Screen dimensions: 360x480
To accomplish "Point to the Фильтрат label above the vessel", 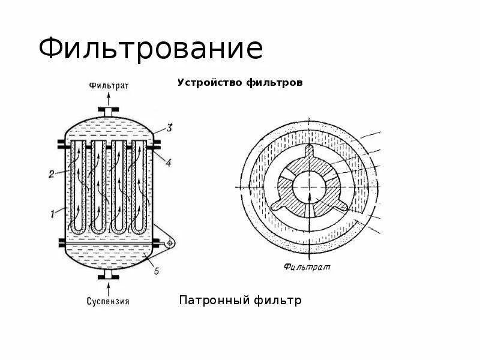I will click(109, 85).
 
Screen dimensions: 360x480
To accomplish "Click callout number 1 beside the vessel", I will click(53, 211).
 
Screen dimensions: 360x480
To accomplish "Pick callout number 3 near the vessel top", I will click(170, 127).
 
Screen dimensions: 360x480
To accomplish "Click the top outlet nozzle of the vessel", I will click(109, 111).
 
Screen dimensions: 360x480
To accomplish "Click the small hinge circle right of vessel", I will click(170, 242).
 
